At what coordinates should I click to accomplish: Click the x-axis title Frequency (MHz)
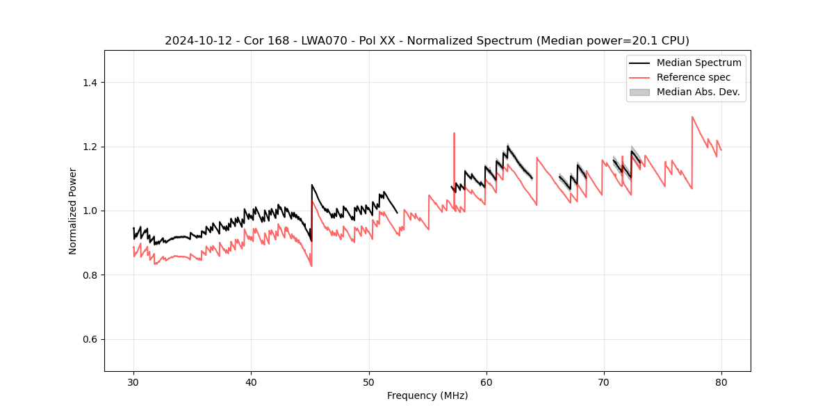427,395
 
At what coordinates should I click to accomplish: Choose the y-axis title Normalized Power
73,211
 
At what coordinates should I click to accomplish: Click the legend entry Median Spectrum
698,63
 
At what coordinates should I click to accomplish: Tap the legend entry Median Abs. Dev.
698,92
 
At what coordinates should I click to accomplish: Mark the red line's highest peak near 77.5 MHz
692,117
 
